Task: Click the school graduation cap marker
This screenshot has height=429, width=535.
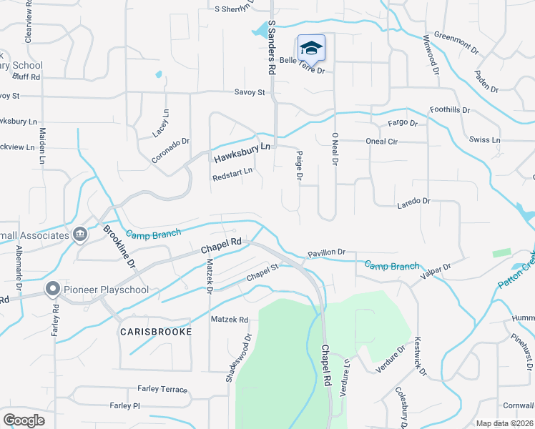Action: coord(310,48)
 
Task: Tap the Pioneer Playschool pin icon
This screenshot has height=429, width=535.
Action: coord(52,290)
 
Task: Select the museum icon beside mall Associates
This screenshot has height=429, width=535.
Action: coord(79,234)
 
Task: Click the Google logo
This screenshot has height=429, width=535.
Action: coord(24,420)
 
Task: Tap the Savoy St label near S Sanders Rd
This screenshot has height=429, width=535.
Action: coord(250,92)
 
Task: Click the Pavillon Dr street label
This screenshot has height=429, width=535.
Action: coord(326,252)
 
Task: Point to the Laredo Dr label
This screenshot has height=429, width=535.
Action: coord(414,202)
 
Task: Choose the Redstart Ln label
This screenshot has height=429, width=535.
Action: coord(232,172)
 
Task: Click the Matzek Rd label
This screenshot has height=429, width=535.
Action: coord(229,320)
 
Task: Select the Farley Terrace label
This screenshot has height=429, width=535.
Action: coord(162,390)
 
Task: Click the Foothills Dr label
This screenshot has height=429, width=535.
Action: coord(449,110)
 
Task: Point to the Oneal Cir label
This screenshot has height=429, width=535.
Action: coord(381,141)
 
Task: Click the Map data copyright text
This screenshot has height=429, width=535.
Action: coord(504,423)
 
